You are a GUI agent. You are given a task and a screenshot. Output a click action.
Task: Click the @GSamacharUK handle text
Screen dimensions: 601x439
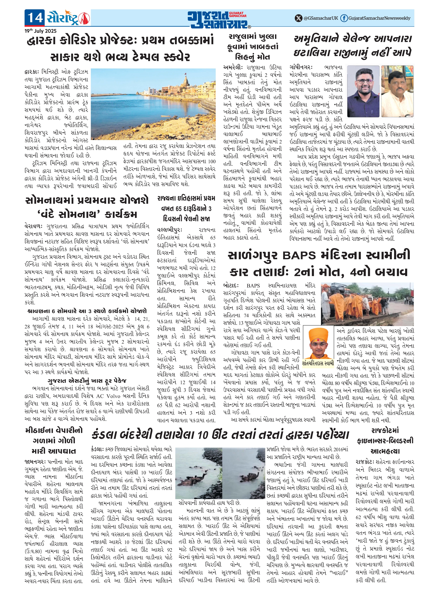click(x=321, y=18)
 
